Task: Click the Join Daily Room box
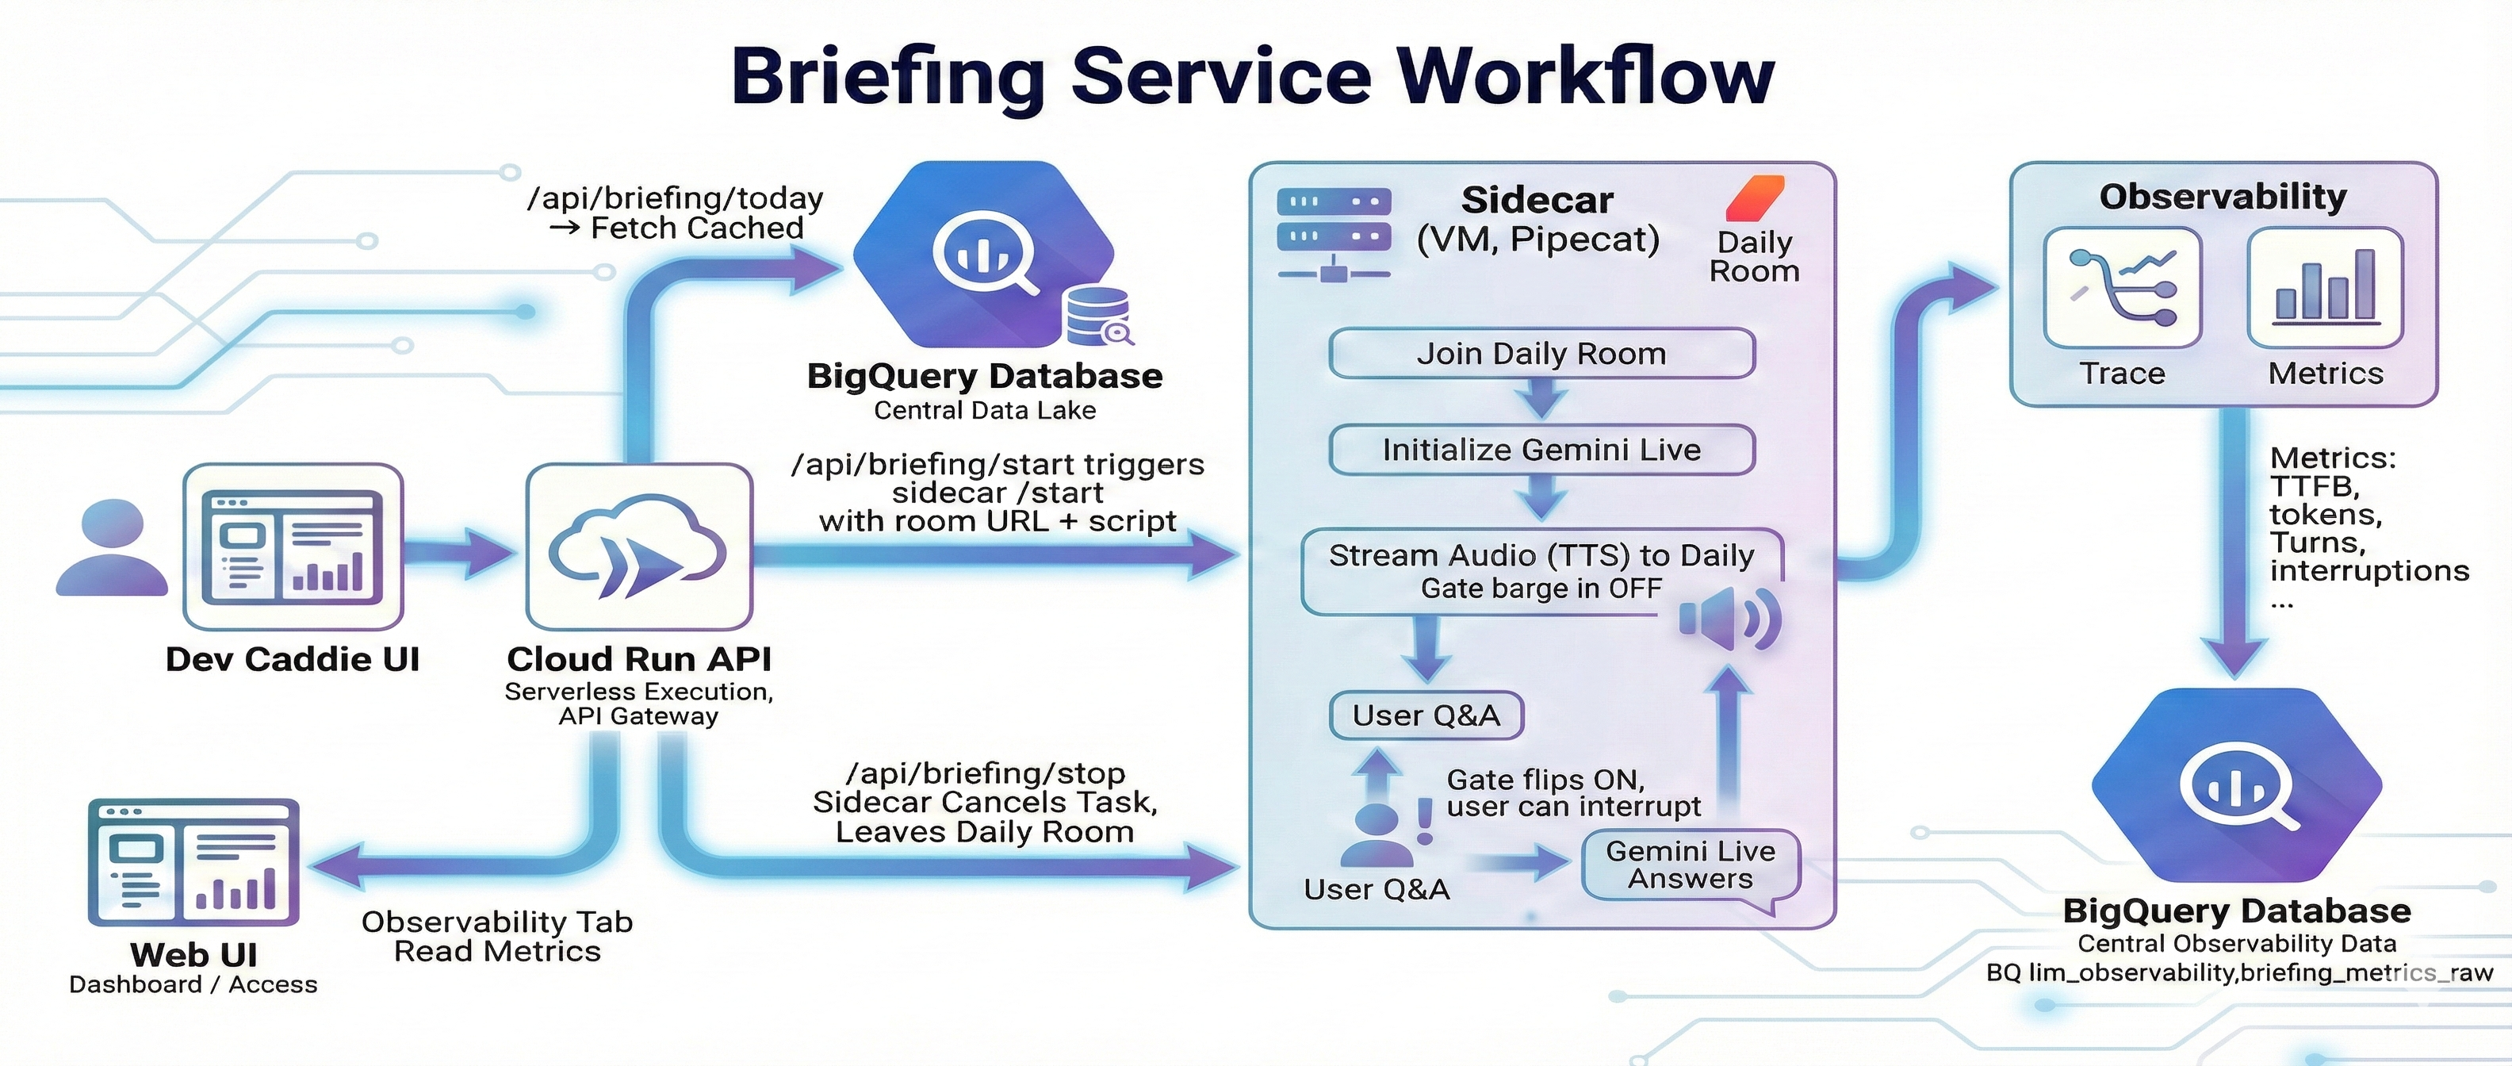click(x=1541, y=353)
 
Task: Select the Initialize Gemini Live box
click(x=1541, y=450)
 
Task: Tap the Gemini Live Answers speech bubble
click(x=1690, y=865)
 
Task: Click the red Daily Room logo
click(x=1756, y=198)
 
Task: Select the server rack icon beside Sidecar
click(x=1333, y=234)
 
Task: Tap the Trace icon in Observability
click(x=2122, y=288)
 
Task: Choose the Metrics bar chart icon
click(x=2325, y=288)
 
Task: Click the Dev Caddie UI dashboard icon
click(x=293, y=546)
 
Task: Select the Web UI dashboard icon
click(x=193, y=862)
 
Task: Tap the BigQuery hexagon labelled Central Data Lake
click(x=985, y=255)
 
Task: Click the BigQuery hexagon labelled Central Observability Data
click(x=2236, y=786)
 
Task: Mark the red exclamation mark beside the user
click(x=1425, y=820)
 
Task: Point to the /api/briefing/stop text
click(x=985, y=773)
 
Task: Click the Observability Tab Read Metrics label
click(x=496, y=936)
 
